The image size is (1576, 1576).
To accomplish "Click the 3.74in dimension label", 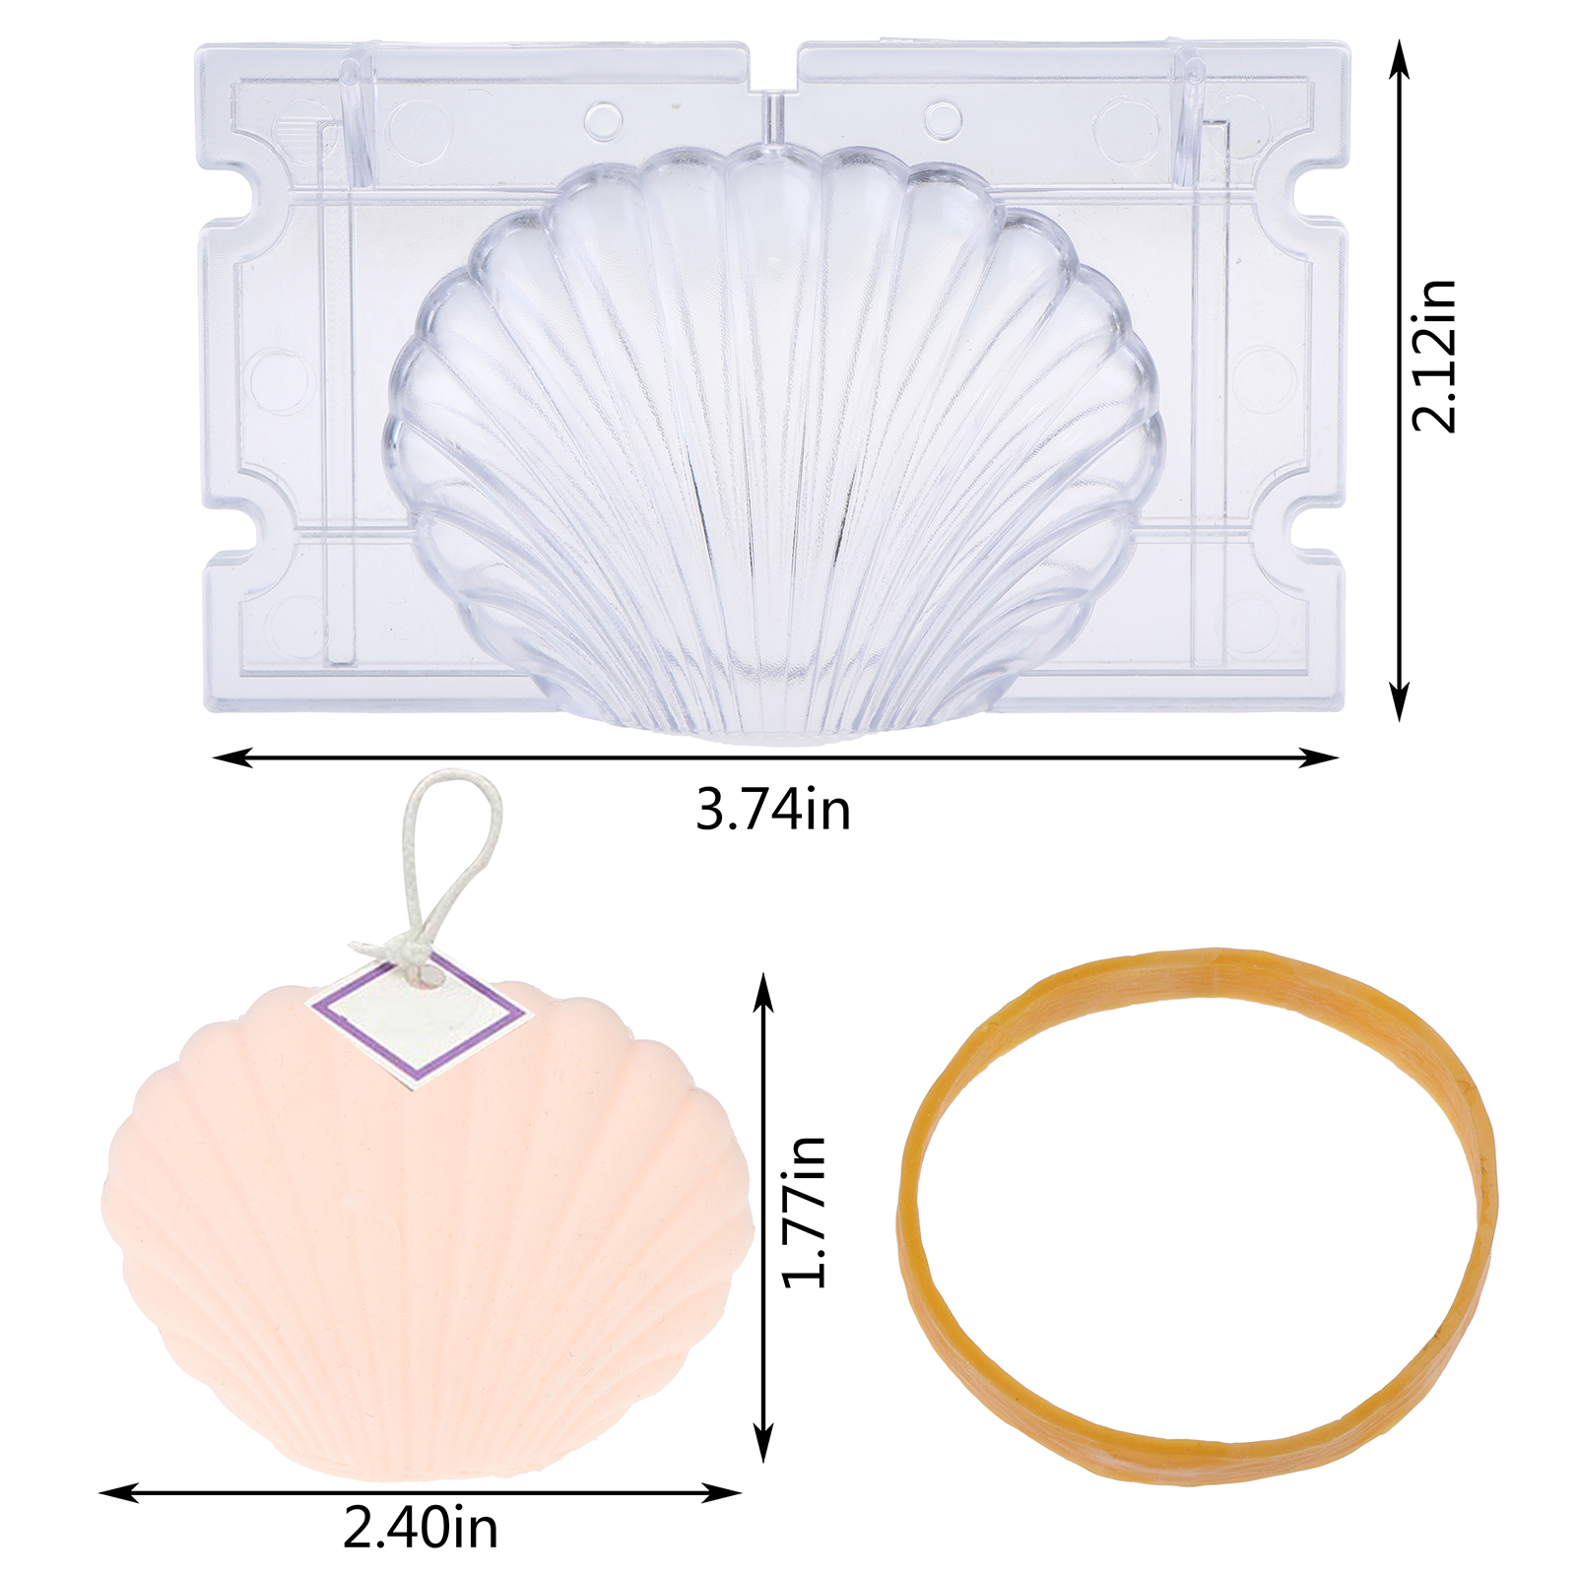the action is point(773,810).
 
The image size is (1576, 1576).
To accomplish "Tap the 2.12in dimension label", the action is point(1434,356).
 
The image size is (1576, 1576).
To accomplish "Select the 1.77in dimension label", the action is point(804,1212).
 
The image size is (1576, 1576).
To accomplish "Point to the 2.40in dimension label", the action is point(421,1528).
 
